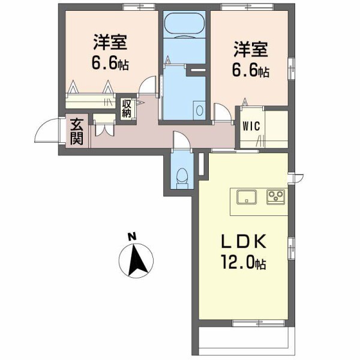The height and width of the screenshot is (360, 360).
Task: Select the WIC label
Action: pos(250,127)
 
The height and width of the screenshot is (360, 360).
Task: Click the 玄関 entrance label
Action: pos(77,132)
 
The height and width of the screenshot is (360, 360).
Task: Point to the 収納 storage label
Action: pos(127,109)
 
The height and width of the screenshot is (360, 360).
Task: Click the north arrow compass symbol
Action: pos(138,260)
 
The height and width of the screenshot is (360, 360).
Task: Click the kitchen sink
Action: pos(247,196)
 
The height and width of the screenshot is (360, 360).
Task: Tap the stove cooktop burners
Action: pos(277,196)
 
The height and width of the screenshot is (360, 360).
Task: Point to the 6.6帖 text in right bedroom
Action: pos(250,70)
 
